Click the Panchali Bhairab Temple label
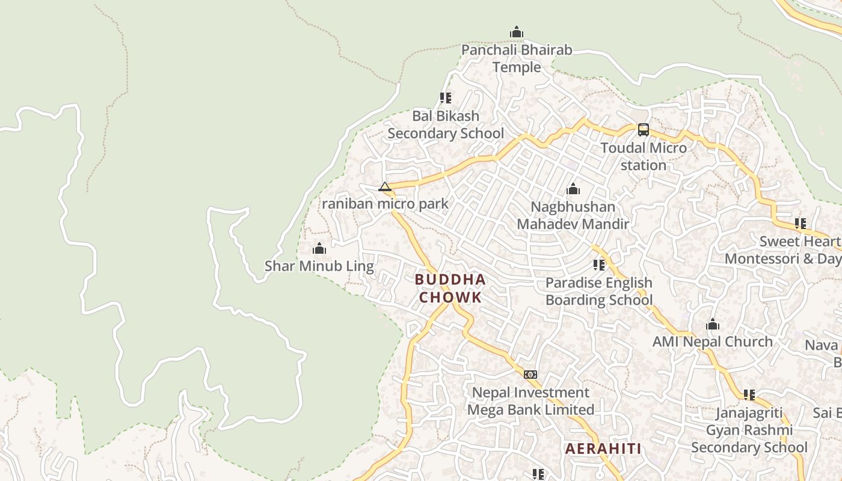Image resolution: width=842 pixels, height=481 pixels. pos(517,58)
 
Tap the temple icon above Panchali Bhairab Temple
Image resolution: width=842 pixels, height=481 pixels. pos(516,32)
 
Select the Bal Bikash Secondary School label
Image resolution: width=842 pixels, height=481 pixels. pos(446,124)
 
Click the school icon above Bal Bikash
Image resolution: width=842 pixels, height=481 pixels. pos(446,97)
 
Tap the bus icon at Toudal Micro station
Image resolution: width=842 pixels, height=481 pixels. pos(644,129)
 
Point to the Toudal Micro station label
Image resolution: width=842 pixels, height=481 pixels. pos(644,156)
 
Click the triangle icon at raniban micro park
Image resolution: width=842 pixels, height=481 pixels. pos(385,186)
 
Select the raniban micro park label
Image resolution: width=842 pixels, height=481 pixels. pos(385,204)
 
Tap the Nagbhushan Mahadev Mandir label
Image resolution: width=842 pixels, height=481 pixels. pos(573,215)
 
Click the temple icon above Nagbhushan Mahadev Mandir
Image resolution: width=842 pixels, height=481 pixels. pos(573,189)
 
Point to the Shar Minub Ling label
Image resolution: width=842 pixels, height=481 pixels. pos(319,266)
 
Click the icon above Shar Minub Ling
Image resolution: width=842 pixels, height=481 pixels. pos(319,248)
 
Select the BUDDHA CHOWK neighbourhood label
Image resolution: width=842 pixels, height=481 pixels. pos(450,289)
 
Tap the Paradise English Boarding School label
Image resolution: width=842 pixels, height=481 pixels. pos(599,291)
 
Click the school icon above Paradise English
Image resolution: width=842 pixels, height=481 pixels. pos(599,265)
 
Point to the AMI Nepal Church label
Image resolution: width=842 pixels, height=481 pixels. pos(713,342)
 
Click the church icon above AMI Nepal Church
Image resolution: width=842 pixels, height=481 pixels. pos(713,325)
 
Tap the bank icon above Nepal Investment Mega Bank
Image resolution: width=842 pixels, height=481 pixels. pos(530,375)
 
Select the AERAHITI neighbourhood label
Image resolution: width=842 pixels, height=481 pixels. pos(603,449)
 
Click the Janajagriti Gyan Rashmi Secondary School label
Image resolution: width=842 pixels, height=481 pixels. pos(749,430)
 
